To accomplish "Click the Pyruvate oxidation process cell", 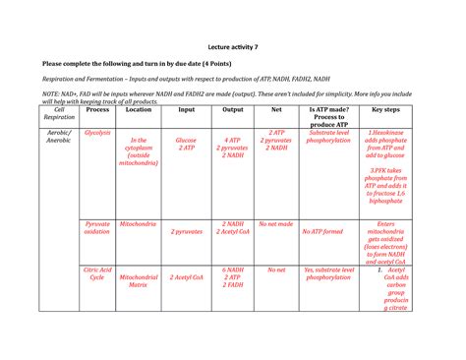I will [98, 228].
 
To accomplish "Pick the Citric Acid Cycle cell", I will [98, 273].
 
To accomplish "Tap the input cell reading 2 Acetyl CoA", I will [187, 278].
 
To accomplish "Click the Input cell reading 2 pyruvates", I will [187, 232].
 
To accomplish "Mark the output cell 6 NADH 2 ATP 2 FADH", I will [233, 278].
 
